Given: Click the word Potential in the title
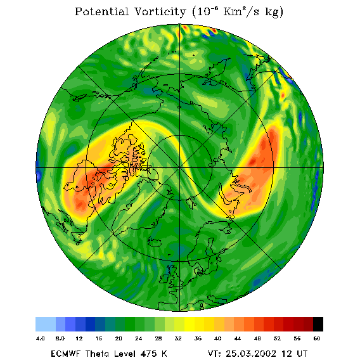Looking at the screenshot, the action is pyautogui.click(x=101, y=11).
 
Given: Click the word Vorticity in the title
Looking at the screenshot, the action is pyautogui.click(x=160, y=11).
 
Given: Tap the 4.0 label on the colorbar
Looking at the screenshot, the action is pyautogui.click(x=41, y=338).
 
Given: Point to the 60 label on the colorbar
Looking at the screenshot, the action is pyautogui.click(x=317, y=338).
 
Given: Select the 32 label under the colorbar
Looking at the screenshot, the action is pyautogui.click(x=178, y=338).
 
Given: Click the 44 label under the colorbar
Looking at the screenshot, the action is pyautogui.click(x=238, y=338).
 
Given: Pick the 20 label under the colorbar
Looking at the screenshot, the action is pyautogui.click(x=119, y=338).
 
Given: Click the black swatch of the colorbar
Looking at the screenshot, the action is pyautogui.click(x=318, y=324).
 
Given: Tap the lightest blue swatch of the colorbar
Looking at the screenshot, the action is pyautogui.click(x=46, y=324).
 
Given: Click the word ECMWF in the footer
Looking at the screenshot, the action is pyautogui.click(x=65, y=354).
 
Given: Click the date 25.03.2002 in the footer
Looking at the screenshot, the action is pyautogui.click(x=251, y=354).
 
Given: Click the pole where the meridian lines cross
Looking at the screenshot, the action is pyautogui.click(x=179, y=168).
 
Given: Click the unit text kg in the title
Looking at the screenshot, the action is pyautogui.click(x=274, y=13).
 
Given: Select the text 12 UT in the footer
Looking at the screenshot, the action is pyautogui.click(x=295, y=354).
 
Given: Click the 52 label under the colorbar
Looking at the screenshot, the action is pyautogui.click(x=277, y=338).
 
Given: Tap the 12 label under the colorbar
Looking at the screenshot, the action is pyautogui.click(x=79, y=338).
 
